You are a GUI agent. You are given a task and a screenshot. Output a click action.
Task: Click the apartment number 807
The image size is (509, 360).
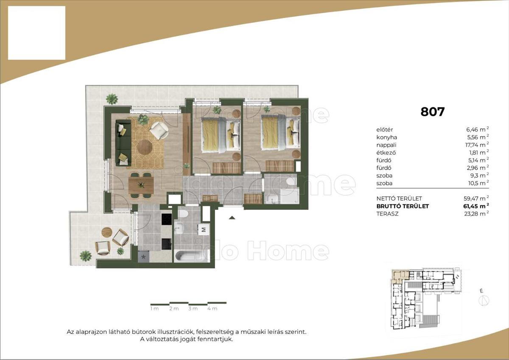tap(432, 112)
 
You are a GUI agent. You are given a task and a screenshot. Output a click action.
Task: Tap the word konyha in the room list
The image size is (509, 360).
tap(386, 137)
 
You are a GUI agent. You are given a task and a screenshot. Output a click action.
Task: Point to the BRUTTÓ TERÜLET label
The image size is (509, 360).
tap(403, 206)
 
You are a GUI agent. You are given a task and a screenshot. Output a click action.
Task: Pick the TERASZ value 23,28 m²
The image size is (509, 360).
tap(476, 214)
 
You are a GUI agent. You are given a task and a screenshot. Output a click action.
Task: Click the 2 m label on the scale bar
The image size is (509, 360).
tap(174, 309)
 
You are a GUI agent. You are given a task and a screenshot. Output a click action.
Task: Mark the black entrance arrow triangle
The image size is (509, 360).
tap(232, 218)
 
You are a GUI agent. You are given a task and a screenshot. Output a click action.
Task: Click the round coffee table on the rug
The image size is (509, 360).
tap(145, 147)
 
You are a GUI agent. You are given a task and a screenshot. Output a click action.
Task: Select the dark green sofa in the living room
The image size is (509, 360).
tap(123, 142)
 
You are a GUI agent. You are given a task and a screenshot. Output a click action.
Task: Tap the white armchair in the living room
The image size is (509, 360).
tap(159, 131)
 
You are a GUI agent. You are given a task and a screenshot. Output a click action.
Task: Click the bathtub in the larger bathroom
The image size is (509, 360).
tap(191, 256)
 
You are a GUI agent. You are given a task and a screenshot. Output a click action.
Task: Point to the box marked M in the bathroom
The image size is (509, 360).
tap(204, 230)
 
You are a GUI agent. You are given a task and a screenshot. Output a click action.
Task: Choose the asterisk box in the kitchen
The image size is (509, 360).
tap(144, 257)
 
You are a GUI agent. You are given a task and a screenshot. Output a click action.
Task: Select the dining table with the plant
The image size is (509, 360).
tap(141, 185)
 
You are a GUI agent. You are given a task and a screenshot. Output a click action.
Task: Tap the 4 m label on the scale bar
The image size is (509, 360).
tap(212, 309)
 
